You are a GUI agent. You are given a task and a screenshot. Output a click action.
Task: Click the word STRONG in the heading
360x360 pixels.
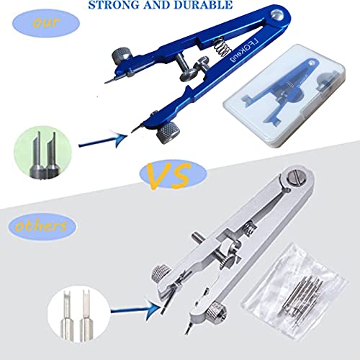coord(114,5)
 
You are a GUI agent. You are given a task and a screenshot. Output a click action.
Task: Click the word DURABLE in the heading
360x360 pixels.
coord(204,5)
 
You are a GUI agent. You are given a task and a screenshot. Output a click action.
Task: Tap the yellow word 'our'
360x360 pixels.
coord(45,22)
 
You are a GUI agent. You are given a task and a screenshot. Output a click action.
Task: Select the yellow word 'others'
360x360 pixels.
coord(41,226)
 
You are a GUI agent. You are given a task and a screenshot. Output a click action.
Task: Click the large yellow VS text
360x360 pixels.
coord(168,176)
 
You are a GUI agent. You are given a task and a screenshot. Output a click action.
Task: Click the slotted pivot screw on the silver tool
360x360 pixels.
coord(297,178)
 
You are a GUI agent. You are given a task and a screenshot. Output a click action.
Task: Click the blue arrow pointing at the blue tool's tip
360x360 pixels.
coord(103,141)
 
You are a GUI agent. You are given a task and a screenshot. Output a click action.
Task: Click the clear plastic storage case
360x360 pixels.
coord(284,96)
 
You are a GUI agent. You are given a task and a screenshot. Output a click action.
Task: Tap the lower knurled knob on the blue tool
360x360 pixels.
coord(168,132)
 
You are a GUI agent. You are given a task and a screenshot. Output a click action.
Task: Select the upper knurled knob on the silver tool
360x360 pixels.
coord(160,276)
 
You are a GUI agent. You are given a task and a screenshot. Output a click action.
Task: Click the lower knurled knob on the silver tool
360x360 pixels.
coord(217,312)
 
